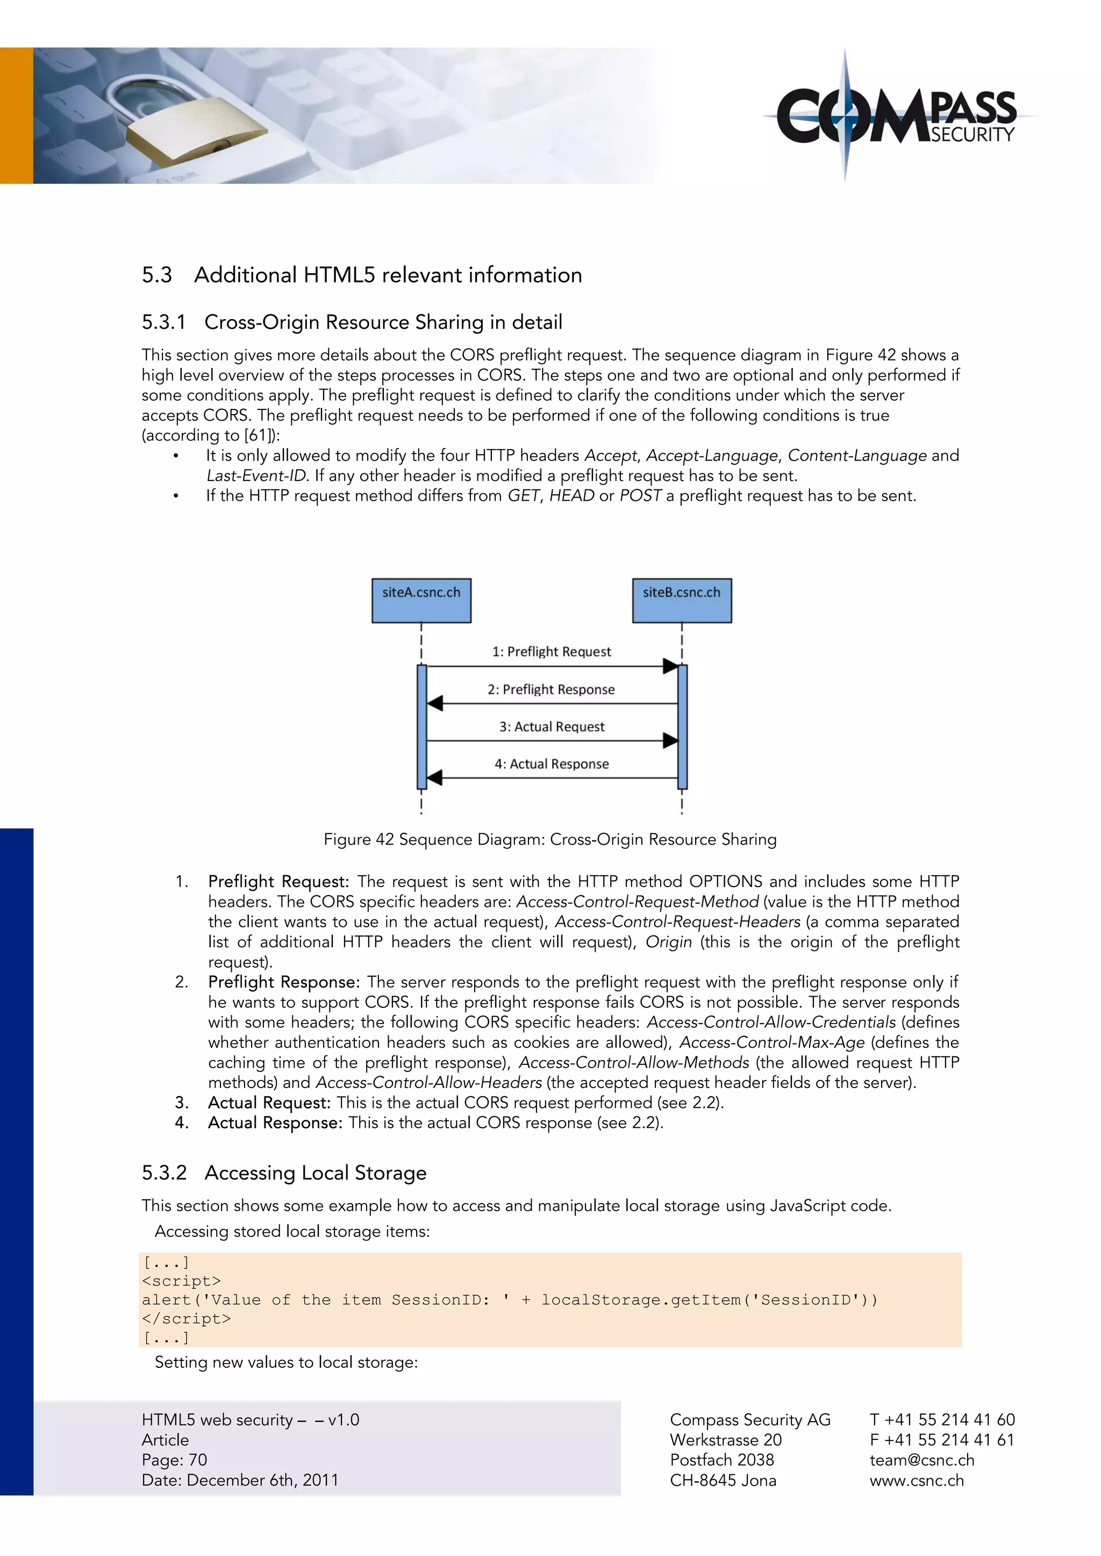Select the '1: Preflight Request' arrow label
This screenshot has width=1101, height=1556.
click(x=551, y=651)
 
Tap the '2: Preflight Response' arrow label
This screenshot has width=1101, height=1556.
click(x=551, y=689)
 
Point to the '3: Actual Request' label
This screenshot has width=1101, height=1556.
click(x=551, y=726)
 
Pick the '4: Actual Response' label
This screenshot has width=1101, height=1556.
click(x=551, y=764)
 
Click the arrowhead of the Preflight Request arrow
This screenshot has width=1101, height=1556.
click(x=670, y=666)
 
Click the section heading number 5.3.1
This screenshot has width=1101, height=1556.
click(x=163, y=322)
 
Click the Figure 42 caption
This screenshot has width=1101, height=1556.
click(x=550, y=839)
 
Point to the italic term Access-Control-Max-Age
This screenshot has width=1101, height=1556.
click(x=771, y=1042)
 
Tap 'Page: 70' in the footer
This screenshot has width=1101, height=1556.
click(x=174, y=1460)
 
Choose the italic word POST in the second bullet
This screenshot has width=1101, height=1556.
click(x=639, y=495)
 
